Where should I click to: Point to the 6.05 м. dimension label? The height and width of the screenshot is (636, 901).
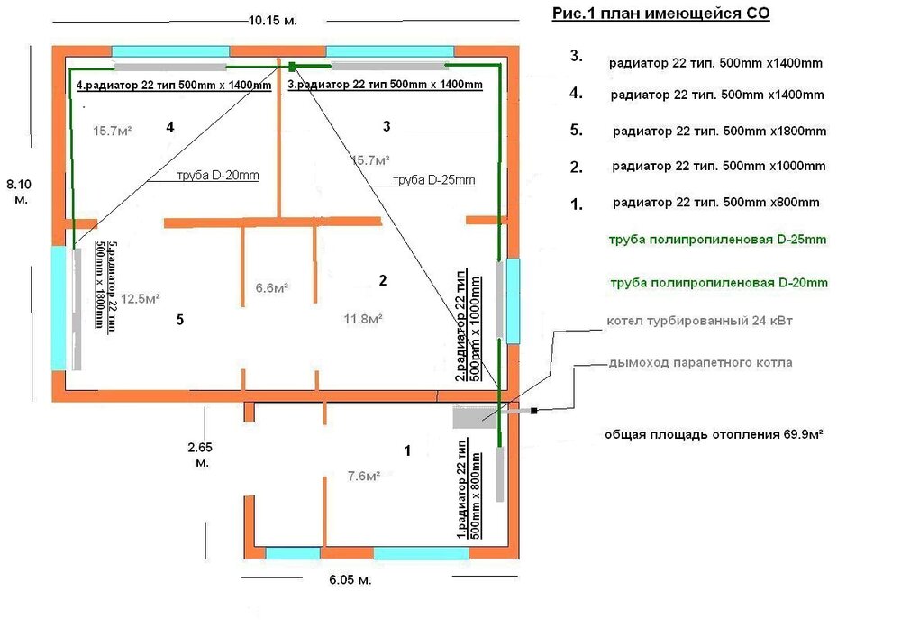click(345, 580)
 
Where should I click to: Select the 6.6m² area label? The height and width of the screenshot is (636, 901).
click(272, 288)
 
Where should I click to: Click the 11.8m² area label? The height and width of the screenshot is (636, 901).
click(364, 318)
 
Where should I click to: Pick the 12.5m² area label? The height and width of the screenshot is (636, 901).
click(141, 298)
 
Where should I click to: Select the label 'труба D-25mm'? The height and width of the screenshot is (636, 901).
click(433, 180)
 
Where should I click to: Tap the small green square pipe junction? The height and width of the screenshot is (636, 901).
click(293, 65)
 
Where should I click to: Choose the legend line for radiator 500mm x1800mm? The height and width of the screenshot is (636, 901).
click(718, 132)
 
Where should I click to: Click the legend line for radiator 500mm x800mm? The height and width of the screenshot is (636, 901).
click(714, 202)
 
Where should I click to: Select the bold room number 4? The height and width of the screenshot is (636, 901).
click(169, 127)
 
